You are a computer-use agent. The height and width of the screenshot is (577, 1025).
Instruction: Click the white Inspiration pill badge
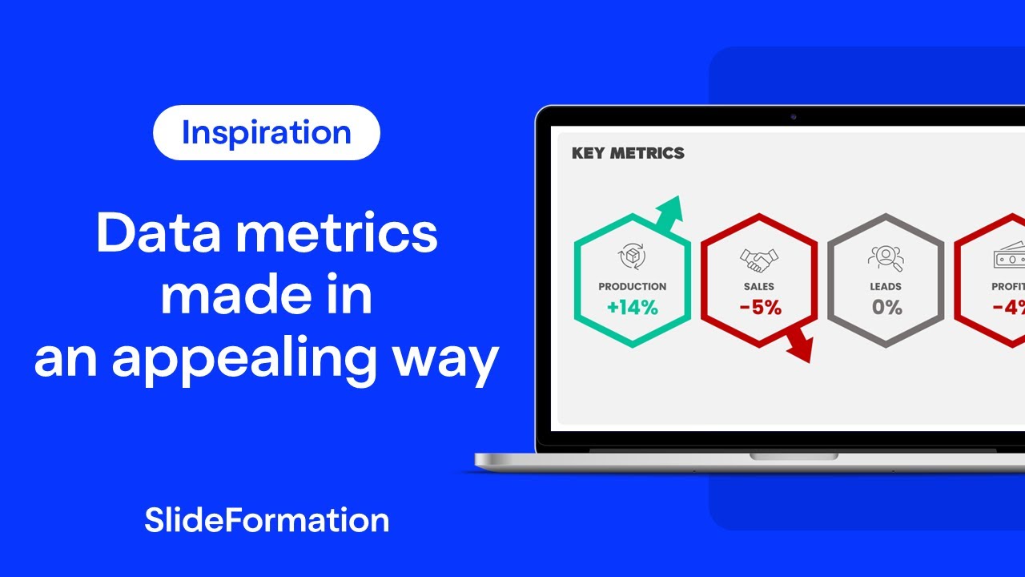(266, 133)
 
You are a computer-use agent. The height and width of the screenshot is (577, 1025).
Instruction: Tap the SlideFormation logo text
(267, 520)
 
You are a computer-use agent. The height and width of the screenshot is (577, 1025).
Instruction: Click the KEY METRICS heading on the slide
(628, 153)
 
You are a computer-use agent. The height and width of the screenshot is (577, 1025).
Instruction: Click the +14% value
(632, 307)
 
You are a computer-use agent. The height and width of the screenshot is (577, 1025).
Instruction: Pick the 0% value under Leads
(886, 307)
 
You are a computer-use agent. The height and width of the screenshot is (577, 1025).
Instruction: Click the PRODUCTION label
(632, 286)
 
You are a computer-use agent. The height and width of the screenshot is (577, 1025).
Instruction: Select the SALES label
(758, 286)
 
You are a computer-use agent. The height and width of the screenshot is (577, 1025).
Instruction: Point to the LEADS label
(886, 286)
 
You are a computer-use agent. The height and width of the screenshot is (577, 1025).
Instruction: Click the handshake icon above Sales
(758, 259)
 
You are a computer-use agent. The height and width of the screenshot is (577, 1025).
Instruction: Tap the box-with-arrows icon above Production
(632, 257)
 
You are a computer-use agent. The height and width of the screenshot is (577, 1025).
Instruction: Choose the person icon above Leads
(886, 257)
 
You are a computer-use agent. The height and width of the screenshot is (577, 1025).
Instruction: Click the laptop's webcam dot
(794, 117)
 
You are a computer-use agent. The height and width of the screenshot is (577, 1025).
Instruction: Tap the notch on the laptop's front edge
(794, 456)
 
